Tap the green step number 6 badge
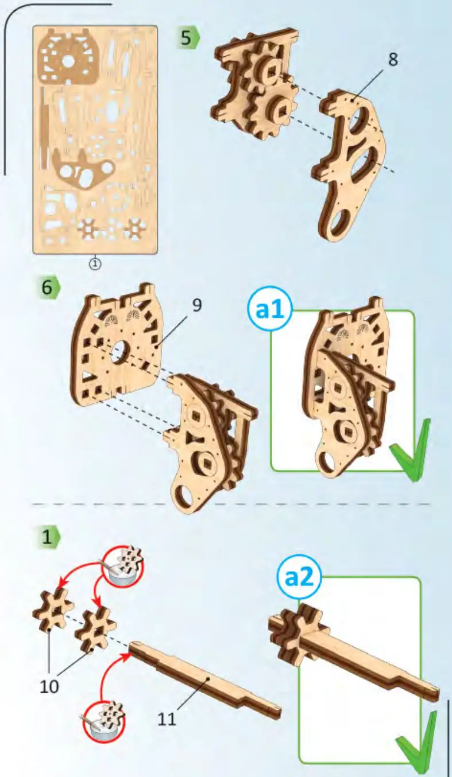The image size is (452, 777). [49, 288]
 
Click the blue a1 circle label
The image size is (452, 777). [270, 312]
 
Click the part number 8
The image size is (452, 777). [393, 59]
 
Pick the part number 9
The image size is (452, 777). [197, 305]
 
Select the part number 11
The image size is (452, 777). [167, 719]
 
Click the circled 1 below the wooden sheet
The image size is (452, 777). [95, 263]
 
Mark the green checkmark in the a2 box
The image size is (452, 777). [417, 740]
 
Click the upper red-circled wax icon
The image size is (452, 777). [123, 561]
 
